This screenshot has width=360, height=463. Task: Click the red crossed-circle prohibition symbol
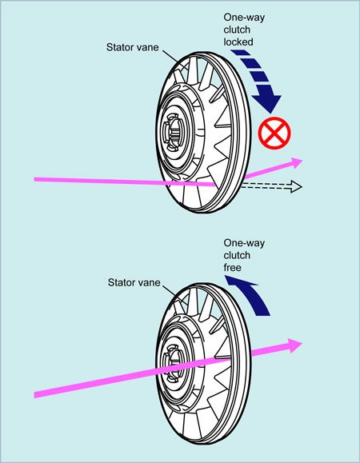click(274, 133)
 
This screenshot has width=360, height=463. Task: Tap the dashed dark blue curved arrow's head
click(268, 103)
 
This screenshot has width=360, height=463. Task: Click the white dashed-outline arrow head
click(296, 186)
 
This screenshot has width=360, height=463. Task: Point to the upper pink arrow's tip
click(302, 161)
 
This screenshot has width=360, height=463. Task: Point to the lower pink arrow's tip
click(302, 343)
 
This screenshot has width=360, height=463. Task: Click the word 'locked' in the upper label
click(238, 42)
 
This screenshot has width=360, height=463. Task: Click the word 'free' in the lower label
click(232, 268)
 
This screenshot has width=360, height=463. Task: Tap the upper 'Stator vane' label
click(132, 47)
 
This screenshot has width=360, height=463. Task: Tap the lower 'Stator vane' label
click(134, 282)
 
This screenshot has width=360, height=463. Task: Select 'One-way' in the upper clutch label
click(244, 18)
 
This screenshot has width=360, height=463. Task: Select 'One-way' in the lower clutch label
click(244, 243)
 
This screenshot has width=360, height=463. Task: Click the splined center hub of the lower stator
click(172, 364)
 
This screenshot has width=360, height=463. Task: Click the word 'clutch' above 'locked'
click(237, 30)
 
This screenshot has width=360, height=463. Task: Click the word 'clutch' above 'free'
click(237, 255)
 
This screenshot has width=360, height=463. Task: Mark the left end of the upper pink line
click(34, 179)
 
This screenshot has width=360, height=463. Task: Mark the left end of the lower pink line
click(34, 395)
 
